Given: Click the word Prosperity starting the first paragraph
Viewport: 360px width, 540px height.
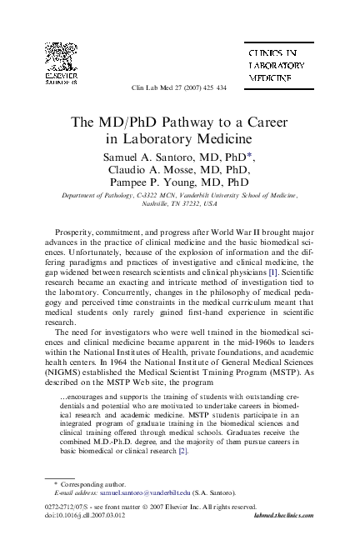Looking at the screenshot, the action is pos(76,229).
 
